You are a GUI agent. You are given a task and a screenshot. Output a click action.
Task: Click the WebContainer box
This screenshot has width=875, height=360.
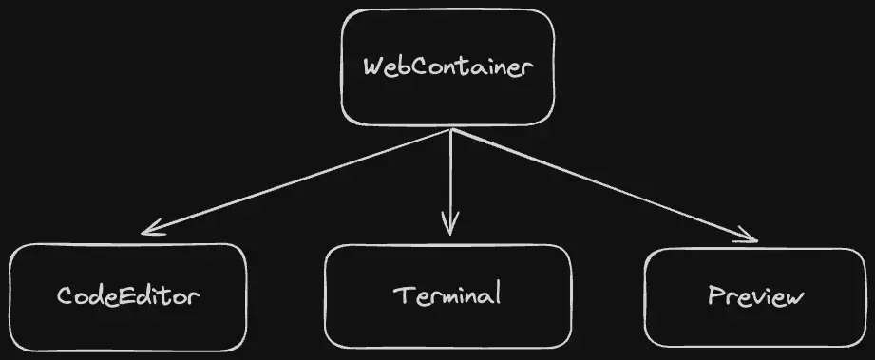[x=447, y=67]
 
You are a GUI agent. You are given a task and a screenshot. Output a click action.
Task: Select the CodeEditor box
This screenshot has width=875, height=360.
[x=128, y=295]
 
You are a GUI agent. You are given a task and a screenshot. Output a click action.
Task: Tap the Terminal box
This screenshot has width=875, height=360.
[x=447, y=295]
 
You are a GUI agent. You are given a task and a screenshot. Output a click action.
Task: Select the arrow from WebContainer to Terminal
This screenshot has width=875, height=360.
[x=449, y=180]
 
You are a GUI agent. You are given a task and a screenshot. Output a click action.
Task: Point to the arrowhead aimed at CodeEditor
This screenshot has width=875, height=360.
[x=149, y=229]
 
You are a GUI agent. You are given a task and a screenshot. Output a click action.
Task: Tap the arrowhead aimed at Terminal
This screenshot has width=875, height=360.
[x=449, y=228]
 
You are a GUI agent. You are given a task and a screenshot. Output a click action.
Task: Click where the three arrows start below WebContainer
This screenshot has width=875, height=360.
[x=449, y=130]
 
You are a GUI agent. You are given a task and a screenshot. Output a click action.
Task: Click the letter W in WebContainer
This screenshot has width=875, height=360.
[x=373, y=68]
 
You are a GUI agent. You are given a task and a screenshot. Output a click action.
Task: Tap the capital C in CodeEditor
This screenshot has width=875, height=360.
[x=65, y=295]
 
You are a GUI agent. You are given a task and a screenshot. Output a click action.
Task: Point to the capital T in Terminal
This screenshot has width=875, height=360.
[x=401, y=294]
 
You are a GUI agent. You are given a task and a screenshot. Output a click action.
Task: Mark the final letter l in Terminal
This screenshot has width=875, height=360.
[x=496, y=294]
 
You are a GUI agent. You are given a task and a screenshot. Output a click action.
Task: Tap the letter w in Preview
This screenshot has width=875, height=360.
[x=794, y=298]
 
